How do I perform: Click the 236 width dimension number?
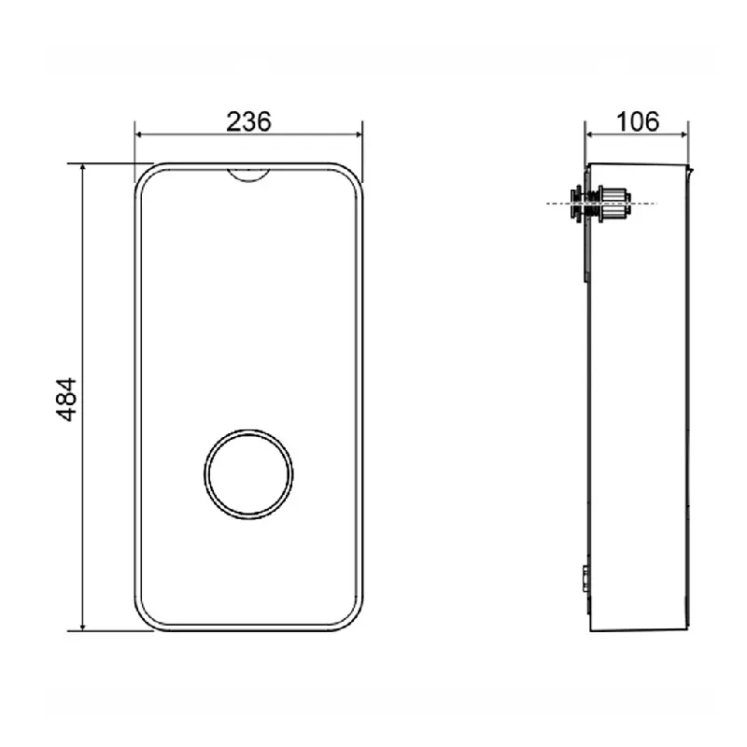pyautogui.click(x=248, y=121)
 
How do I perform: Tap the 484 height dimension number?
pyautogui.click(x=66, y=400)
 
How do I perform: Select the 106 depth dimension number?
pyautogui.click(x=638, y=121)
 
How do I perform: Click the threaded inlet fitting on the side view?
pyautogui.click(x=601, y=204)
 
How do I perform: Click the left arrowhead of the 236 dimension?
pyautogui.click(x=139, y=134)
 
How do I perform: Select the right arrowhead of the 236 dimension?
pyautogui.click(x=358, y=134)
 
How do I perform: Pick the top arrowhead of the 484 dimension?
pyautogui.click(x=83, y=168)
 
